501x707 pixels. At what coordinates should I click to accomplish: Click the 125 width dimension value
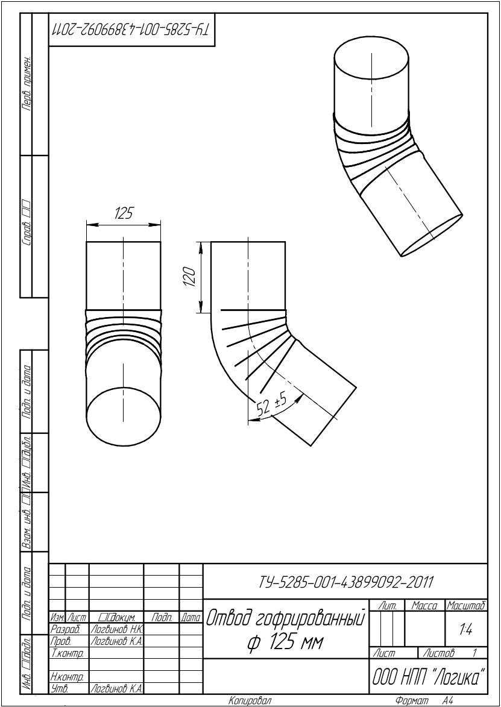coord(123,214)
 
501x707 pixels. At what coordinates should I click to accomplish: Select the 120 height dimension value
coord(191,277)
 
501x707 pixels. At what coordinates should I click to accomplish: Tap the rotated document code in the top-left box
coord(131,30)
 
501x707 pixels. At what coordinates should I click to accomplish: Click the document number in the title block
coord(345,582)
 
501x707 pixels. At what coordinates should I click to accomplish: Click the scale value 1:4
coord(465,629)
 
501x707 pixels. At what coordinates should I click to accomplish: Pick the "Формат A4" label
coord(423,701)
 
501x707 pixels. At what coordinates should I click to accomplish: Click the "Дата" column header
coord(191,618)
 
